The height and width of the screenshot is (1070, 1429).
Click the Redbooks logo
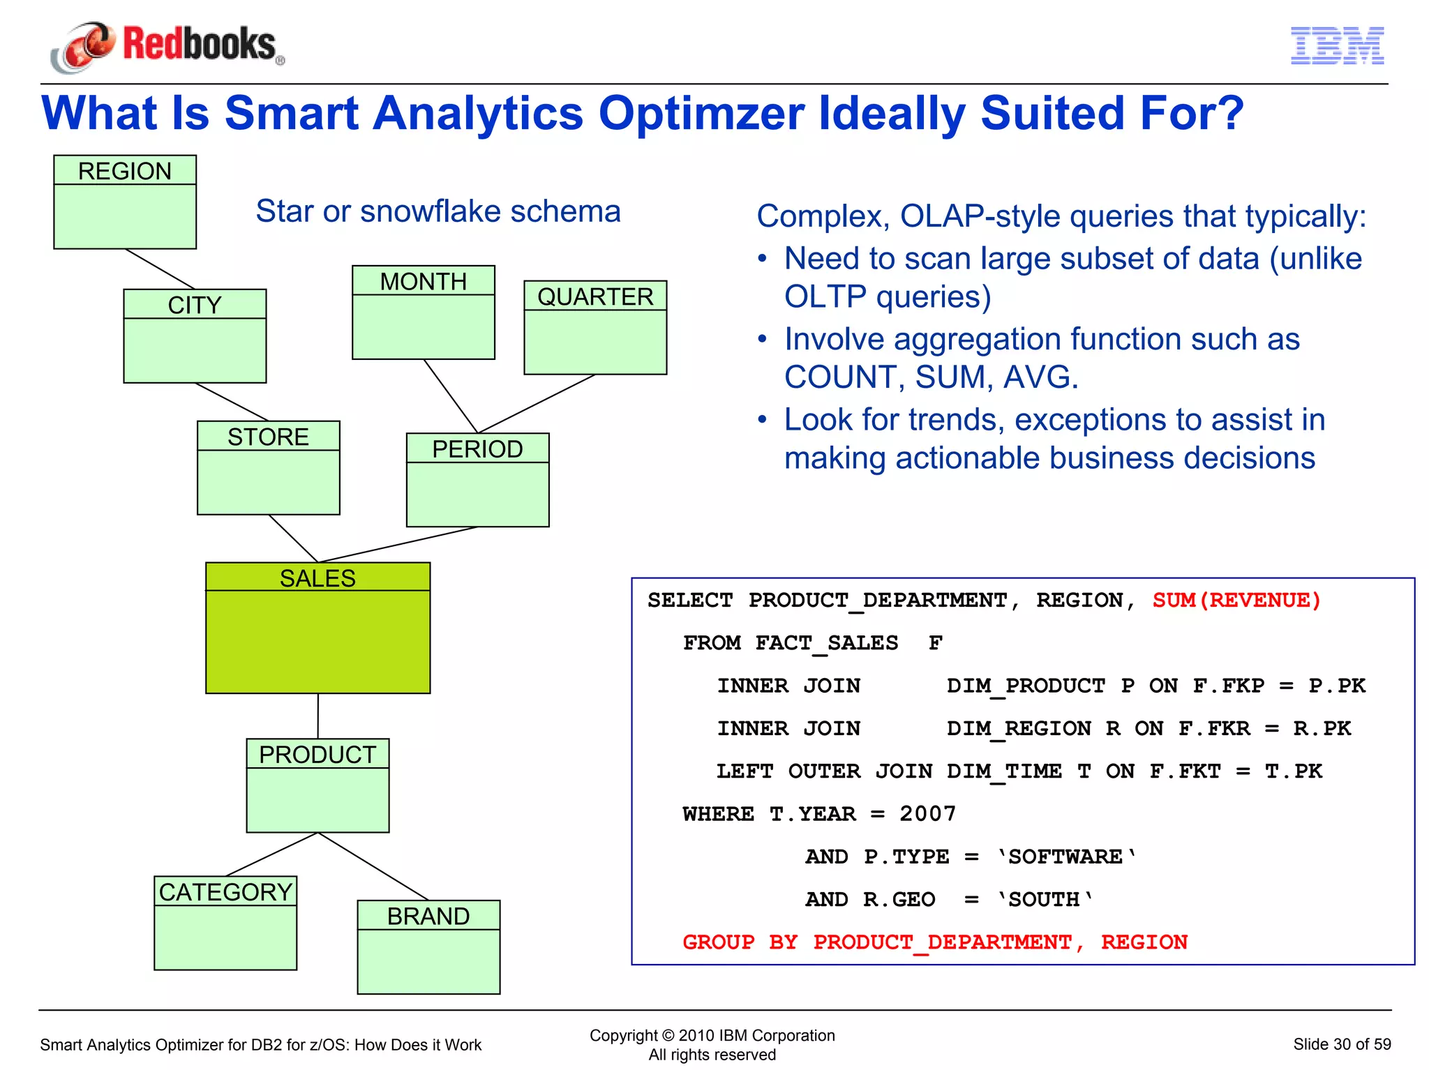(167, 45)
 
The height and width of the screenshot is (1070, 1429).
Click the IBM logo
(1337, 46)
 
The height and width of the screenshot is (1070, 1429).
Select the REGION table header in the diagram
(125, 171)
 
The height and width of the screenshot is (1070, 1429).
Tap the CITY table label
(195, 305)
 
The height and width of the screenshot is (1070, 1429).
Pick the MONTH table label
(424, 281)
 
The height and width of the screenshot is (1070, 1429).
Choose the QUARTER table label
(595, 296)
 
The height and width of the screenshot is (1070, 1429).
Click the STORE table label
(268, 437)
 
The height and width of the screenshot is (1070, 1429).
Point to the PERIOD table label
(477, 449)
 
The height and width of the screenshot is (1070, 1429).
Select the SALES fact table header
(317, 578)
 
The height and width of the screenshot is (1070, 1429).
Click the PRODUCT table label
(317, 754)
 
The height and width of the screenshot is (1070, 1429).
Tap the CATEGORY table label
(225, 891)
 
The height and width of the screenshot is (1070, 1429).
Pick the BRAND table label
(428, 916)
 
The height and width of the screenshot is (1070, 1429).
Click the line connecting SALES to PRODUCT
(318, 716)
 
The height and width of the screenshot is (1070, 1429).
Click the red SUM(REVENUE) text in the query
(1236, 600)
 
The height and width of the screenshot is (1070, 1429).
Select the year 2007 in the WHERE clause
(927, 813)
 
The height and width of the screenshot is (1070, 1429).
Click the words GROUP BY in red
(740, 942)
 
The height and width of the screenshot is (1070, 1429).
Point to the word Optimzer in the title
(701, 113)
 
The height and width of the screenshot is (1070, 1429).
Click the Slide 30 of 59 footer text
(1341, 1043)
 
